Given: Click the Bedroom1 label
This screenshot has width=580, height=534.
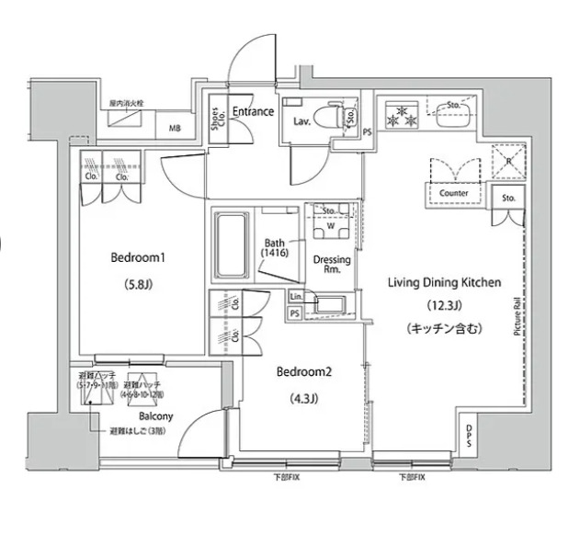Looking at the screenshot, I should [x=135, y=258].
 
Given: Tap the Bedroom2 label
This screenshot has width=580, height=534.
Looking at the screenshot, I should [x=303, y=373].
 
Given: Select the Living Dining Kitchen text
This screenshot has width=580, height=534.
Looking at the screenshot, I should [x=443, y=283].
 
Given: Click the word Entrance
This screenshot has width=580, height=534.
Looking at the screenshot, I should [x=252, y=112].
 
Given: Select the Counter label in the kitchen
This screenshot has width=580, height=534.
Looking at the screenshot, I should [x=454, y=194].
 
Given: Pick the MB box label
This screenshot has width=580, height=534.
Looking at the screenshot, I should [x=174, y=128].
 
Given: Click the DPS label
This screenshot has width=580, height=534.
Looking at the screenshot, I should [x=470, y=435].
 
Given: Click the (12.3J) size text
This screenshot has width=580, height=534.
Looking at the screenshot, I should [x=443, y=305].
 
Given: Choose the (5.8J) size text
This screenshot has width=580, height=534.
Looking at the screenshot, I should [x=135, y=284].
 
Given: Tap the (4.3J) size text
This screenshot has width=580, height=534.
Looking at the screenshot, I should [x=303, y=398].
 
